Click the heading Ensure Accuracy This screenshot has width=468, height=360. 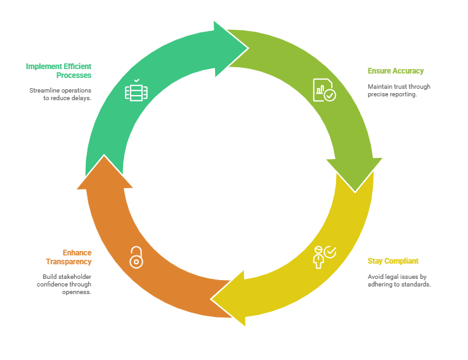tap(396, 71)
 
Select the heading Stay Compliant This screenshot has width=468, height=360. tap(393, 261)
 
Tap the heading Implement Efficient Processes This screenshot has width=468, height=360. tap(58, 70)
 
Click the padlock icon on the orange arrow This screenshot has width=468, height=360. tap(136, 257)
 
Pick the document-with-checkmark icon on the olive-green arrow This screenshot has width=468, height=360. tap(324, 90)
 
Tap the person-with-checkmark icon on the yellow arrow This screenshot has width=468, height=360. tap(324, 256)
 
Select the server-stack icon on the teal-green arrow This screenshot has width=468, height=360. tap(136, 91)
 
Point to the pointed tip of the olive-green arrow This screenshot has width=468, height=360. tap(355, 190)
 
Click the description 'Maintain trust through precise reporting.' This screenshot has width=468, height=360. tap(399, 91)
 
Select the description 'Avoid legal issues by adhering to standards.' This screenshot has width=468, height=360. tap(400, 281)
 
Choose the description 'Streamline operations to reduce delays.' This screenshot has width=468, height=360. tap(60, 94)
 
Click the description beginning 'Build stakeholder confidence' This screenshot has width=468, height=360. tap(64, 284)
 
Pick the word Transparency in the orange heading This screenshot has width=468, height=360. tap(68, 262)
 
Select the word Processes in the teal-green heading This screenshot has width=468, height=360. tap(74, 75)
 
